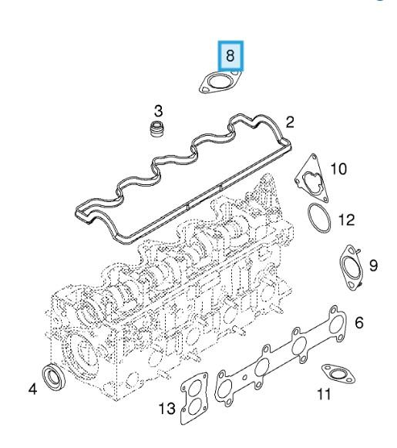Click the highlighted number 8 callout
tap(230, 56)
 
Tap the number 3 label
tap(158, 111)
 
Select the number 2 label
tap(290, 123)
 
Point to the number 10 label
tap(338, 169)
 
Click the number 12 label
tap(346, 220)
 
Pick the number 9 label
tap(373, 265)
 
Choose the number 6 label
tap(359, 322)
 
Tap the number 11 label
tap(324, 394)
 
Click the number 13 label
tap(167, 409)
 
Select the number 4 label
tap(33, 389)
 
